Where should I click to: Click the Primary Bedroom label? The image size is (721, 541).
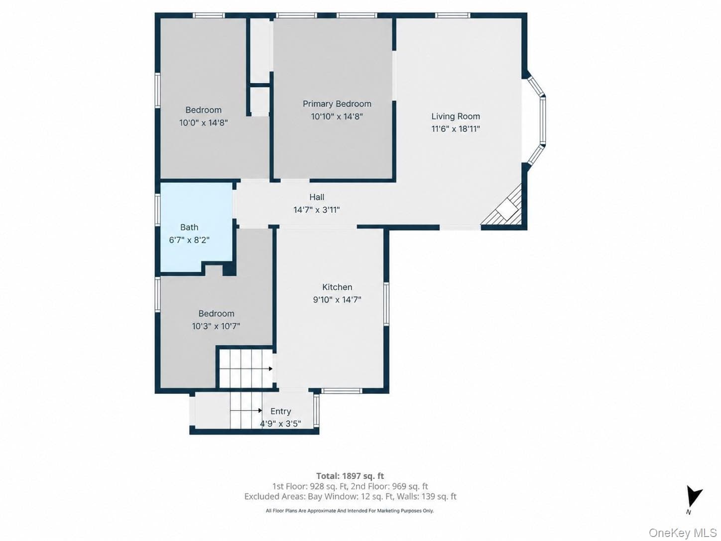(x=337, y=104)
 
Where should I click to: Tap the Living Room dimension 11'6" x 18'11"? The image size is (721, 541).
(x=456, y=129)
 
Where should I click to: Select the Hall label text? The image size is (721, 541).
(x=317, y=197)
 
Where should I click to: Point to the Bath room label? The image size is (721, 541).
(x=189, y=227)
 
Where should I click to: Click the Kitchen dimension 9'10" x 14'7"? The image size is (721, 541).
(x=337, y=299)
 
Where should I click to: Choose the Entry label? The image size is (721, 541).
(x=280, y=411)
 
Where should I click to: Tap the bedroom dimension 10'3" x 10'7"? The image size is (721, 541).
(x=216, y=326)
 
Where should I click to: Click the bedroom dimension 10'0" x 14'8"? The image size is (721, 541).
(x=203, y=123)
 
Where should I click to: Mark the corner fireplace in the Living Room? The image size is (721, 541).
(x=501, y=205)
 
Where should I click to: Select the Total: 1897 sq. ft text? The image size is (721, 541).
(x=350, y=476)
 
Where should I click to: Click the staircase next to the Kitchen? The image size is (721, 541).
(x=246, y=369)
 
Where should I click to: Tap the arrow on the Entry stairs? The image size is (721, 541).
(x=246, y=410)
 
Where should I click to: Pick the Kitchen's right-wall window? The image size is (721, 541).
(x=386, y=304)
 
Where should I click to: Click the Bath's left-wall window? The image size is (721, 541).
(x=158, y=210)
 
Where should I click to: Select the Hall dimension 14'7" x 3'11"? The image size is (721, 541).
(x=316, y=210)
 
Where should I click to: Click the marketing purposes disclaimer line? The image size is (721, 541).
(x=350, y=511)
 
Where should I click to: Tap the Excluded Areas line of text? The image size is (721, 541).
(x=350, y=496)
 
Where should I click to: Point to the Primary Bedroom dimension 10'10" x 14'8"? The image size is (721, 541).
(x=337, y=117)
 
